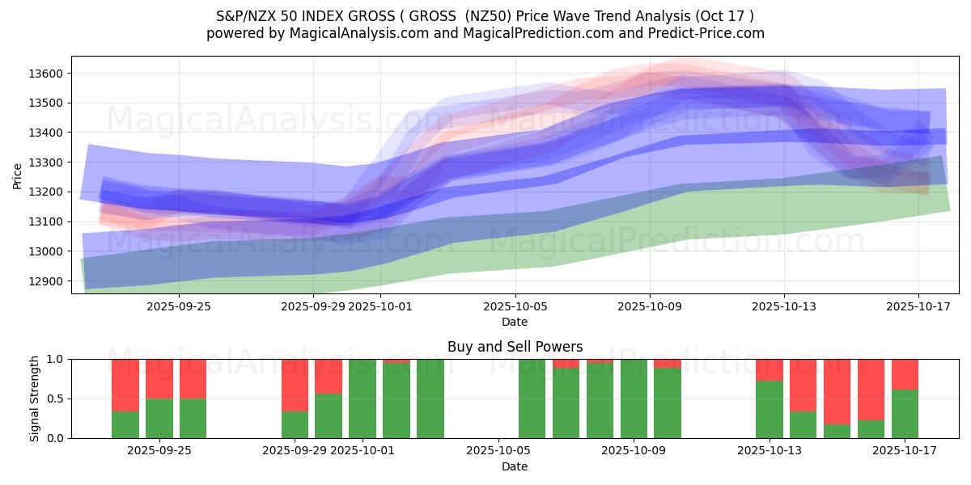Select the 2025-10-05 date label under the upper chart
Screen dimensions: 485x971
[515, 307]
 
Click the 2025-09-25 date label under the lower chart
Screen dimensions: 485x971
[159, 451]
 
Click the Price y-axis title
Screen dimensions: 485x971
[18, 175]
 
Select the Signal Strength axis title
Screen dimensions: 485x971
[34, 399]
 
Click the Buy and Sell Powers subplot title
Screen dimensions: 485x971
[515, 347]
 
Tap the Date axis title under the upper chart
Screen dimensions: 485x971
[515, 322]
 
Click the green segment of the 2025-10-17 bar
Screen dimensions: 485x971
[905, 414]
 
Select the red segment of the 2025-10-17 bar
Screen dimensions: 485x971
[905, 374]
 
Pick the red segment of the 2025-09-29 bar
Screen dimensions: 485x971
[295, 385]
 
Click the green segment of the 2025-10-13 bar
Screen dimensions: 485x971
[770, 409]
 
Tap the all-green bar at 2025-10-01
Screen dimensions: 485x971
[363, 399]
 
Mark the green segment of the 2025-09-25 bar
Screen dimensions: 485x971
[159, 418]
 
